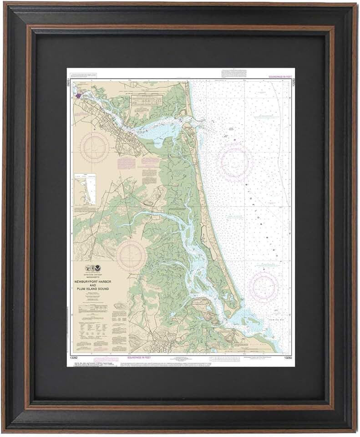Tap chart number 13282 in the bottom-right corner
click(288, 358)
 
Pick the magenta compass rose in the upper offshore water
click(235, 161)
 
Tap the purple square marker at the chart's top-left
click(78, 96)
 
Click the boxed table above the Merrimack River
click(144, 101)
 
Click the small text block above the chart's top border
click(233, 73)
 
